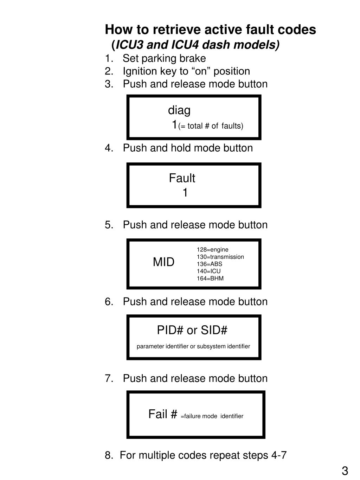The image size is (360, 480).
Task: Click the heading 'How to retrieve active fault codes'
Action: pos(210,30)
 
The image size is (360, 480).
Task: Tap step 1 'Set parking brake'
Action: pos(164,58)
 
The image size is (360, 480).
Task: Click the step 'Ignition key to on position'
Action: pos(186,71)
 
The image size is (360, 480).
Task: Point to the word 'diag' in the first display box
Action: pos(179,110)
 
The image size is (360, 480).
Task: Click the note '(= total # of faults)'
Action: pos(211,126)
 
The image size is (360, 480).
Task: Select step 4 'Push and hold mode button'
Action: pos(187,148)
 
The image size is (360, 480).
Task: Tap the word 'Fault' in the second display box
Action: pos(182,178)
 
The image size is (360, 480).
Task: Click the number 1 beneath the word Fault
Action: pos(185,193)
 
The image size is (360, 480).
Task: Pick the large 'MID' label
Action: pos(163,262)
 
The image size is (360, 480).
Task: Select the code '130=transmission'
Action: pos(220,257)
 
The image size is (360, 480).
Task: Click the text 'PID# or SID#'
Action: pos(192,331)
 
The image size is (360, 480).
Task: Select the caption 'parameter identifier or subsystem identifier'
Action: pos(193,346)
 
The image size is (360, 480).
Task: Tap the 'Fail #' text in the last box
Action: pos(162,414)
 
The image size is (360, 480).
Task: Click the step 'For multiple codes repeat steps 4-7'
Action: pos(203,455)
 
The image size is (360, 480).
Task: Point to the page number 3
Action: pos(345,471)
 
